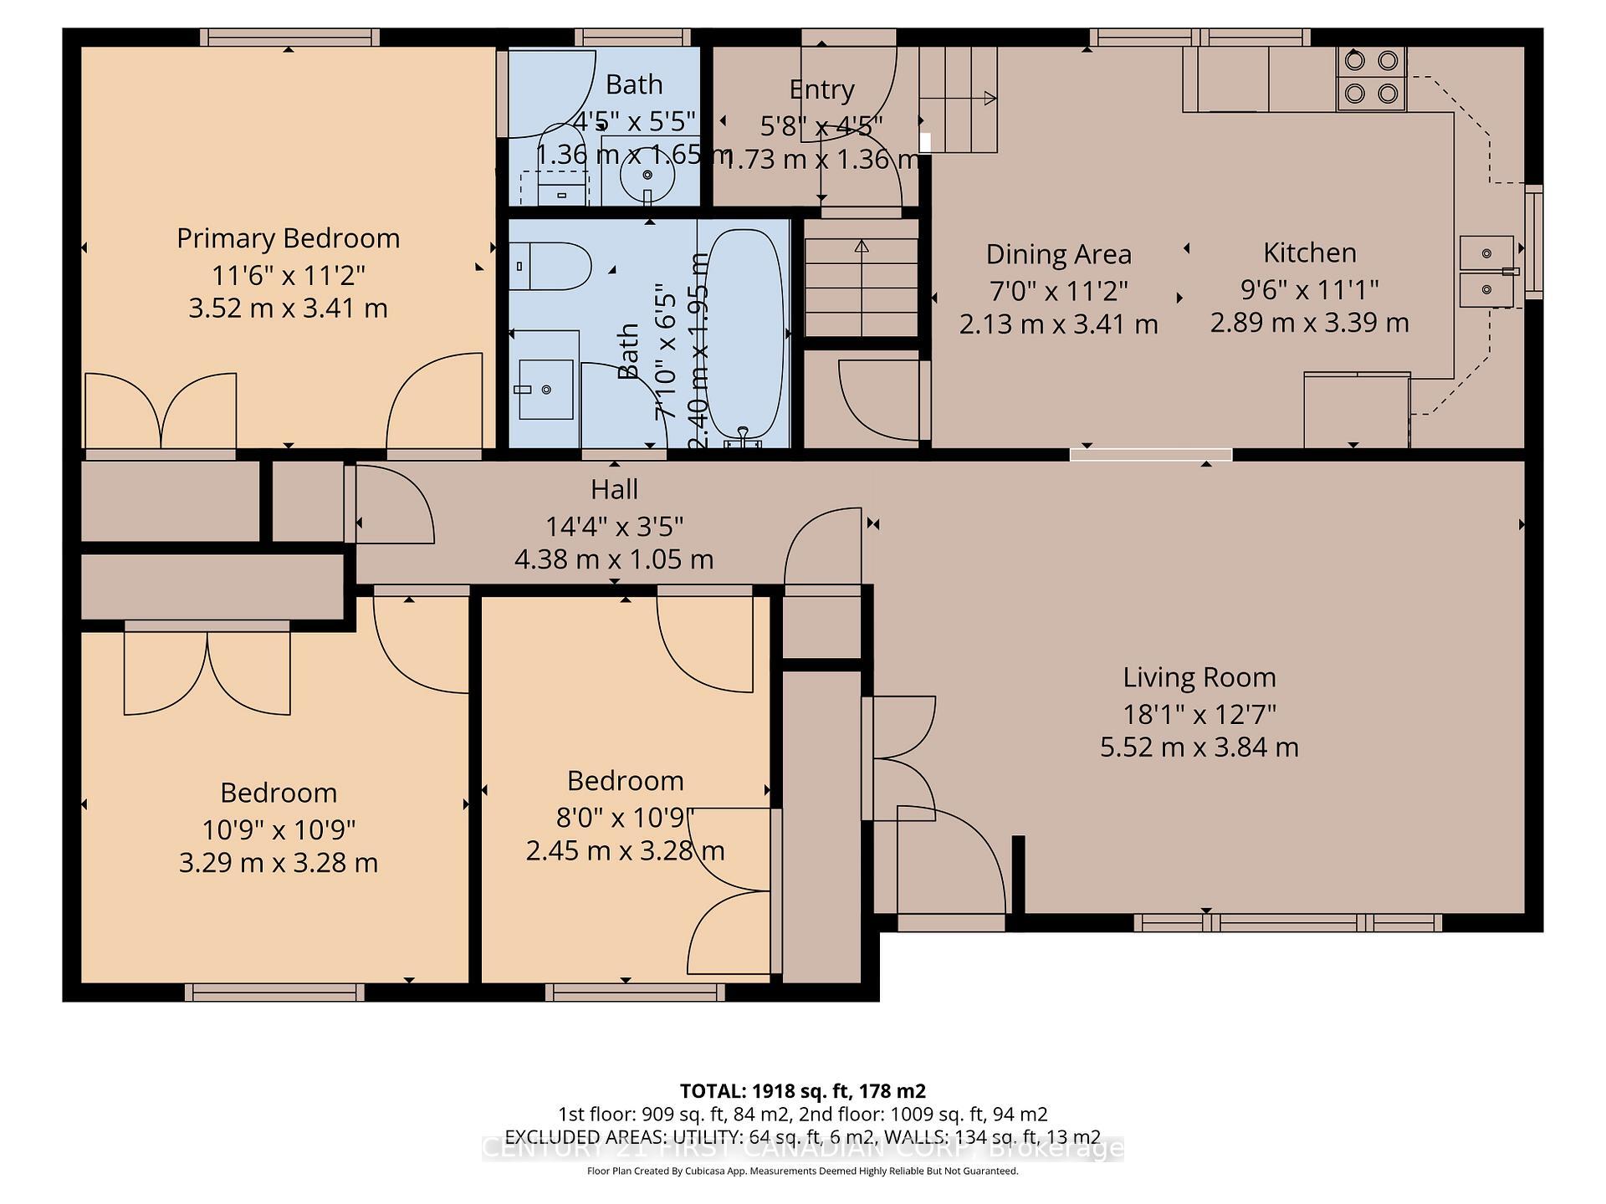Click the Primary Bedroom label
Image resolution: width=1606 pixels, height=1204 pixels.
click(x=288, y=238)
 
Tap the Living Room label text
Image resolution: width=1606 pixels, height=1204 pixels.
click(x=1199, y=677)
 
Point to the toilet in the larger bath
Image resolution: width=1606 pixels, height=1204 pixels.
click(x=549, y=266)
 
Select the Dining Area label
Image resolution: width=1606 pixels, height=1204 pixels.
click(x=1058, y=254)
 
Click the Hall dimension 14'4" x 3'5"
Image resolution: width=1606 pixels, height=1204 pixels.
click(x=614, y=526)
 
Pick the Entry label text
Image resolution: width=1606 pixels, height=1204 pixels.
click(x=821, y=89)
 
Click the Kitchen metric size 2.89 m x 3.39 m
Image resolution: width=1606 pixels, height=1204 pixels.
click(x=1309, y=323)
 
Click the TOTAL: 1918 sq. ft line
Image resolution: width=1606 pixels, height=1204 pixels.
click(x=802, y=1091)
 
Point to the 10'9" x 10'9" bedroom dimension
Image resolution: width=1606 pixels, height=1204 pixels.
click(x=279, y=829)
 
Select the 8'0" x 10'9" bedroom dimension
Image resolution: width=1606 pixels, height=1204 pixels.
click(x=625, y=817)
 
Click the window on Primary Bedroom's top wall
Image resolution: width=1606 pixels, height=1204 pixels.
click(x=289, y=37)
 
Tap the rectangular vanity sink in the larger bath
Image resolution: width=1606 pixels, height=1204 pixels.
click(x=545, y=389)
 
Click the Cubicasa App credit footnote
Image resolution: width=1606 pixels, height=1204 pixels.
click(x=802, y=1171)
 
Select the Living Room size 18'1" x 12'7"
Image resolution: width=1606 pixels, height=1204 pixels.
click(x=1199, y=715)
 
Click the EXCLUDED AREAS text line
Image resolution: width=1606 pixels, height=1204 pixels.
click(x=802, y=1137)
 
